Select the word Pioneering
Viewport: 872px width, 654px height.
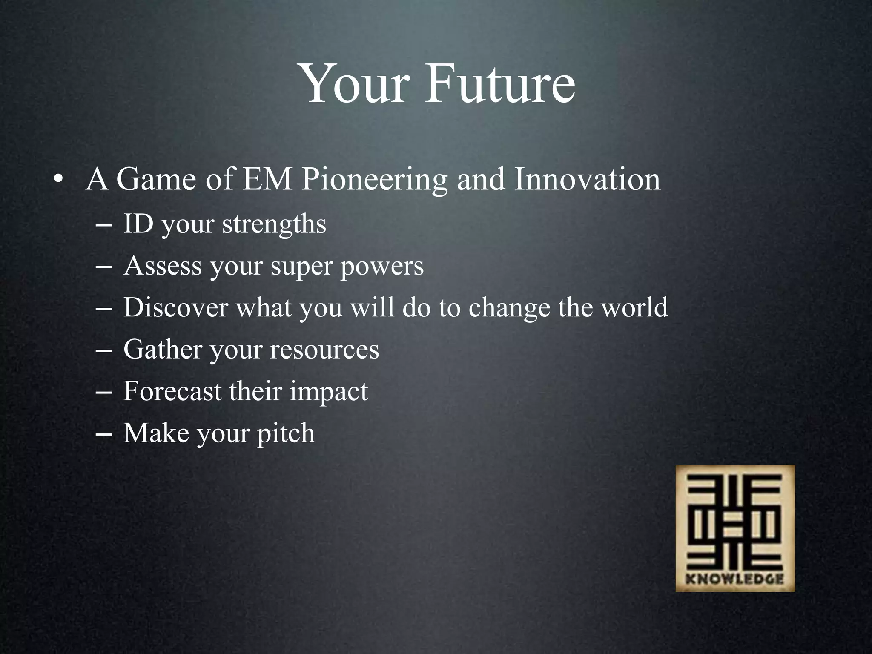coord(374,180)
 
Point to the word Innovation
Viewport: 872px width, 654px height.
coord(587,179)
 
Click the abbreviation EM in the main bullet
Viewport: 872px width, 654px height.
coord(267,179)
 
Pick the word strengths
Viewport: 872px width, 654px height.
coord(274,224)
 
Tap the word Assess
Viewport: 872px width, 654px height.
coord(163,266)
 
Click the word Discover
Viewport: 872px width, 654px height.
coord(175,307)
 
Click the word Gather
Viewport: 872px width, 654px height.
coord(163,349)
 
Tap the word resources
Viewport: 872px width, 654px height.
coord(324,350)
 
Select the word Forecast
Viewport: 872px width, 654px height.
coord(172,391)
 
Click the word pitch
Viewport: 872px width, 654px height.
coord(286,433)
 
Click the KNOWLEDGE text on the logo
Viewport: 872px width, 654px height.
coord(735,579)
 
